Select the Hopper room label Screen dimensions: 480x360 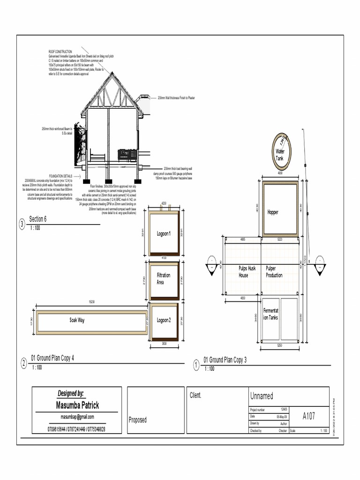[273, 212]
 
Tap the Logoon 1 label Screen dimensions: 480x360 [164, 233]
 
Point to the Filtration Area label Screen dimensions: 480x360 [164, 278]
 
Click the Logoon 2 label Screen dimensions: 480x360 [164, 320]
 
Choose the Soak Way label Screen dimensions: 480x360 [77, 320]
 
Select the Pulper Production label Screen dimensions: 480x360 [274, 272]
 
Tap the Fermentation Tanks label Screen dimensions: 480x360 [271, 314]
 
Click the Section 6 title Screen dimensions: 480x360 [38, 219]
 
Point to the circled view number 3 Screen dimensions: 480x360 [22, 225]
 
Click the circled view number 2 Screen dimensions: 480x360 [23, 363]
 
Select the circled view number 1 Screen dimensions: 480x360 [196, 364]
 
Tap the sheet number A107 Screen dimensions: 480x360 [308, 416]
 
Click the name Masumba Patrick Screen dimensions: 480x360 [77, 405]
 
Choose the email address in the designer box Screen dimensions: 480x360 [77, 417]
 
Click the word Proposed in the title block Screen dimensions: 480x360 [137, 420]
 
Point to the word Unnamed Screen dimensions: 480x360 [262, 396]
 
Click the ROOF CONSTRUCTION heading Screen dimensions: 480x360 [60, 51]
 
